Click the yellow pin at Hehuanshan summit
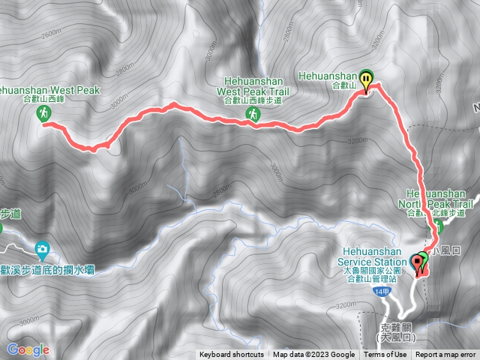[x=366, y=79]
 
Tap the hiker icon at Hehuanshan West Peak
[x=44, y=112]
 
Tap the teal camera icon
[x=43, y=248]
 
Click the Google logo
[x=28, y=349]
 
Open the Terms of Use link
[x=385, y=355]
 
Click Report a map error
[x=446, y=355]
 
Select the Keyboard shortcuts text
[x=232, y=355]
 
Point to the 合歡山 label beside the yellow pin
[x=343, y=86]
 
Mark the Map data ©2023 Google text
[x=313, y=355]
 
